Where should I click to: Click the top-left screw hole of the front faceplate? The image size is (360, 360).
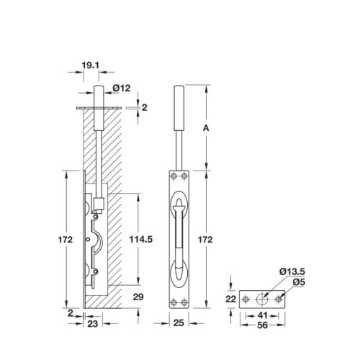173,174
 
